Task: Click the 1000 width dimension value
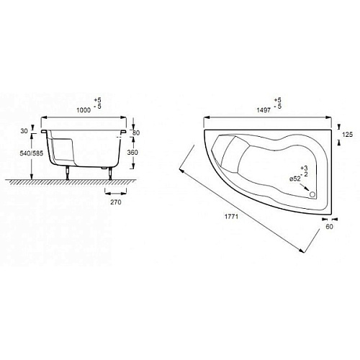coord(84,110)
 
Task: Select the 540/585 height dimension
coord(32,153)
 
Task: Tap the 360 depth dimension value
coord(132,153)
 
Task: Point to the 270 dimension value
coord(116,202)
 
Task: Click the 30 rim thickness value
coord(24,131)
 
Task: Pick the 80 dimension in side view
coord(136,132)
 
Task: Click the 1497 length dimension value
coord(264,110)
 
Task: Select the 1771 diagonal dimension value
coord(231,217)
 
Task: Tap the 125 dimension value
coord(348,135)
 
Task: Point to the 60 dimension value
coord(330,226)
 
